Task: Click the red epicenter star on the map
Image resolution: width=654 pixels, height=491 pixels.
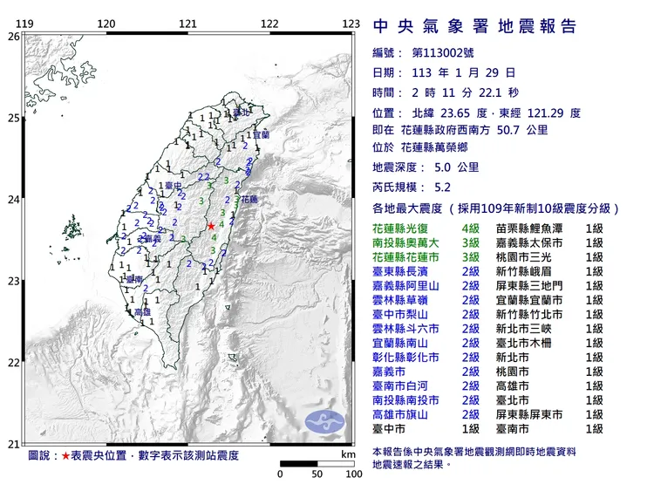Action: pyautogui.click(x=210, y=227)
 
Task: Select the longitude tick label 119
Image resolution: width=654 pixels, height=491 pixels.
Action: pyautogui.click(x=25, y=24)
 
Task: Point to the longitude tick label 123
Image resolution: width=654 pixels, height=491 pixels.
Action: pyautogui.click(x=351, y=24)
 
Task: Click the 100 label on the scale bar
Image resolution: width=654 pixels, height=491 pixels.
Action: pyautogui.click(x=354, y=474)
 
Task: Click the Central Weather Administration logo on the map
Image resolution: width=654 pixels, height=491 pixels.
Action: pyautogui.click(x=325, y=422)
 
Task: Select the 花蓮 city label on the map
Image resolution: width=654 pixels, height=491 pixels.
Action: pyautogui.click(x=249, y=199)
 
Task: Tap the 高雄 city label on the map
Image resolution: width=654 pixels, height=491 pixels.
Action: pyautogui.click(x=142, y=311)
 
